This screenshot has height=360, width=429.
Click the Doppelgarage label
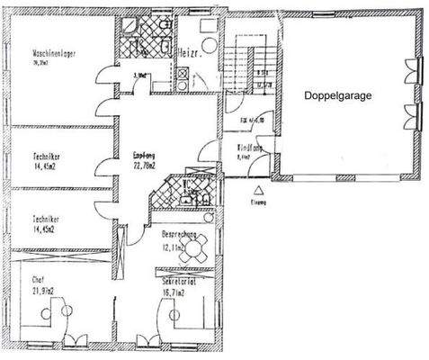337,94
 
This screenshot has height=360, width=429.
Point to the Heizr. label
189,51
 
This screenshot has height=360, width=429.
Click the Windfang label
249,147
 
